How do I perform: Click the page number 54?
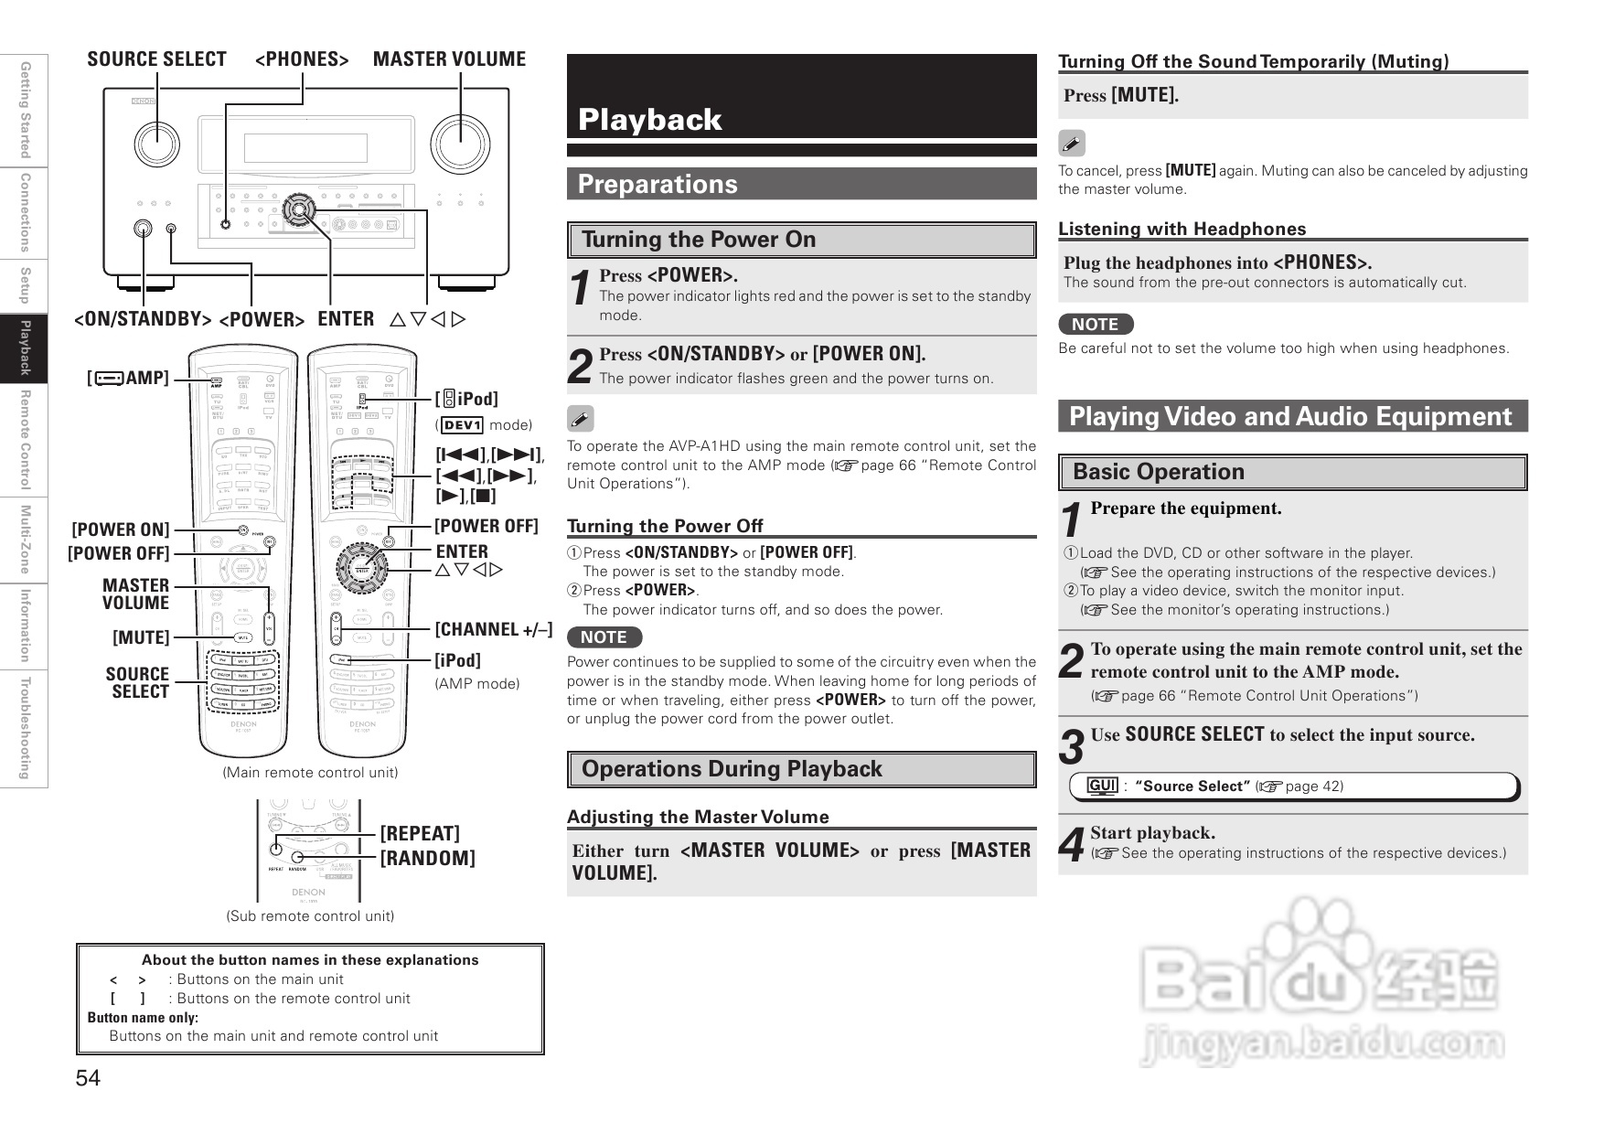[x=88, y=1078]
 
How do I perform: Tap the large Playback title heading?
[x=649, y=120]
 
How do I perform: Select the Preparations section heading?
[x=657, y=185]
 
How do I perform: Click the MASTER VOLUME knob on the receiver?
[x=460, y=144]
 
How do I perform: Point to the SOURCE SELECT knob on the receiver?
[x=157, y=143]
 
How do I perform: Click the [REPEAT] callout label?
[x=420, y=834]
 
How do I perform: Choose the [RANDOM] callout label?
[x=427, y=859]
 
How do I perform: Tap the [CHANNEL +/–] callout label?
[x=493, y=630]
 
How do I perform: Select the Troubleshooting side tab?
[x=26, y=728]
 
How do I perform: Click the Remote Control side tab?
[x=26, y=439]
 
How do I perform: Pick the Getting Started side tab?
[x=26, y=109]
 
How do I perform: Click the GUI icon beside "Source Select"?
[x=1102, y=786]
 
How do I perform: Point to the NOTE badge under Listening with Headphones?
[x=1095, y=325]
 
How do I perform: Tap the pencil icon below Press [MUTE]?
[x=1072, y=144]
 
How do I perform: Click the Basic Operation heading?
[x=1158, y=472]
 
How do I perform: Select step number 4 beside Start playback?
[x=1072, y=845]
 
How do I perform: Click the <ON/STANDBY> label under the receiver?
[x=143, y=319]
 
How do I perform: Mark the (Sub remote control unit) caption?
[x=310, y=916]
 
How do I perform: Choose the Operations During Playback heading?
[x=732, y=769]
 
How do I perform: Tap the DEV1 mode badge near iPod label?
[x=462, y=425]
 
